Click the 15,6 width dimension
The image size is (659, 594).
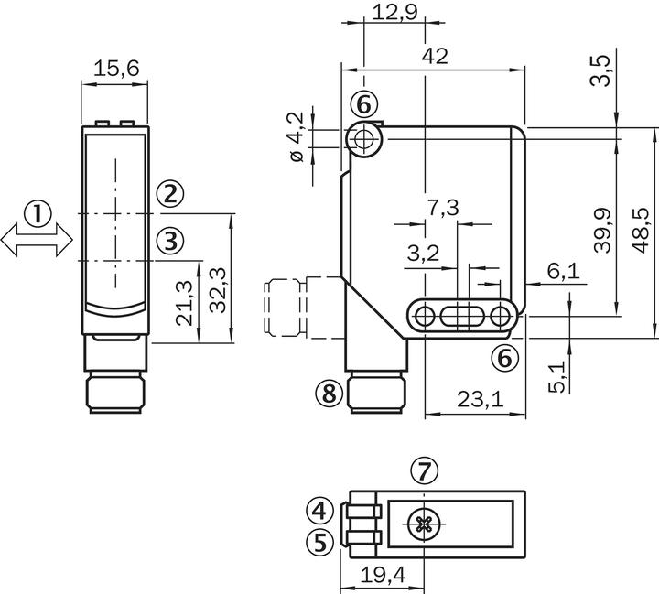click(x=114, y=69)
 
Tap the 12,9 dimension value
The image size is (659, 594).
click(x=394, y=12)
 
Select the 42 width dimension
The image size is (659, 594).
click(x=436, y=56)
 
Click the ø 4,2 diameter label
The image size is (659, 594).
click(x=295, y=138)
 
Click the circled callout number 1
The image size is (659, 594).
click(x=37, y=215)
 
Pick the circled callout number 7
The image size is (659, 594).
click(x=423, y=471)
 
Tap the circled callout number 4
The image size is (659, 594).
click(x=318, y=510)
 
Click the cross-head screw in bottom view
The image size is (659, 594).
click(x=423, y=524)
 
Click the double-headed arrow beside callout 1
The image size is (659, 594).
click(x=37, y=242)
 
